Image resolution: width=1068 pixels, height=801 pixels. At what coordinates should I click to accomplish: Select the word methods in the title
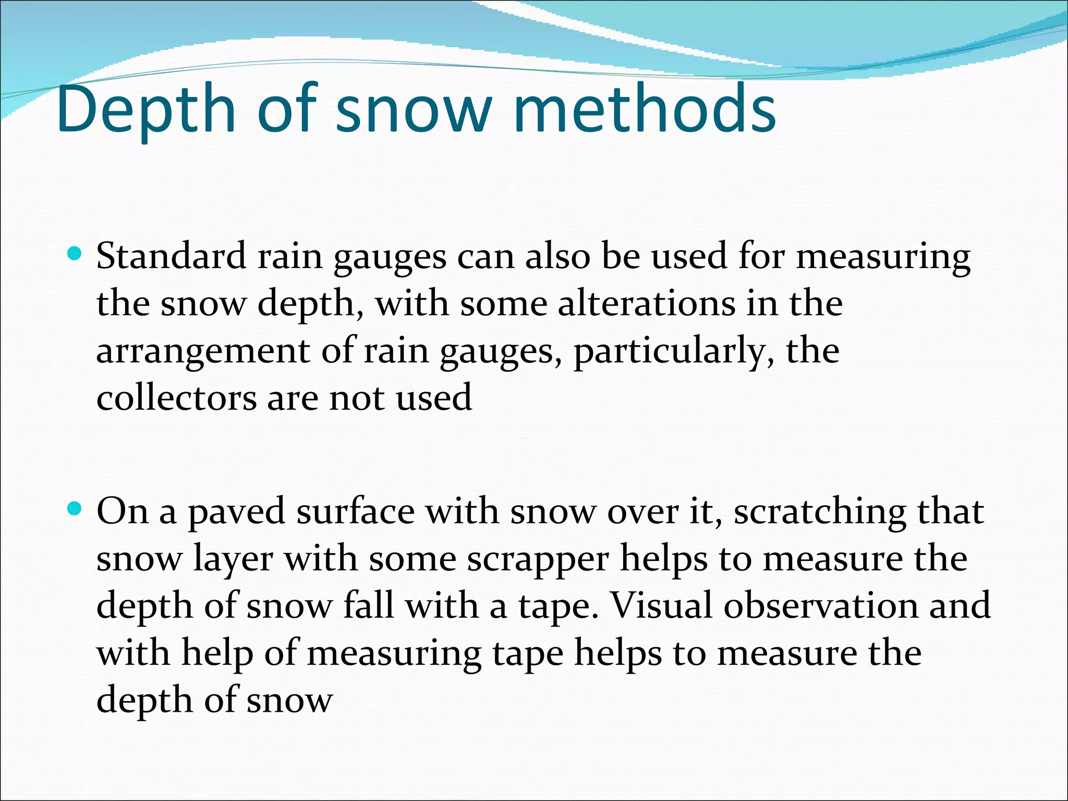(x=645, y=110)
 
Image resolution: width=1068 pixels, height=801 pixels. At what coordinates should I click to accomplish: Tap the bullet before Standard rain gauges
(x=75, y=254)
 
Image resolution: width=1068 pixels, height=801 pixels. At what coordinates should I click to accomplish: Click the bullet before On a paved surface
(x=75, y=509)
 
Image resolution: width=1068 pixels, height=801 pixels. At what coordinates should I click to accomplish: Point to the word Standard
(x=172, y=257)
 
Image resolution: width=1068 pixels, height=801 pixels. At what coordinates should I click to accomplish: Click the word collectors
(x=176, y=398)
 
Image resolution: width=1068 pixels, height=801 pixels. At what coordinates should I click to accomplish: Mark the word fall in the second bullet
(x=368, y=606)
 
